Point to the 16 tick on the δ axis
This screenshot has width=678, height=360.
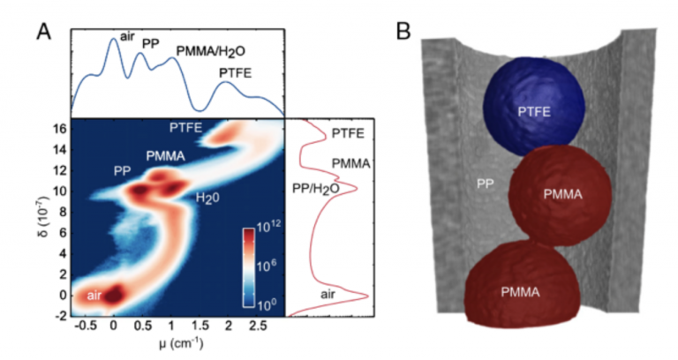pyautogui.click(x=57, y=127)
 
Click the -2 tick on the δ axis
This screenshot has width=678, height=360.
pyautogui.click(x=57, y=314)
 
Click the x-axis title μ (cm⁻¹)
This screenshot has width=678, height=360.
pyautogui.click(x=174, y=345)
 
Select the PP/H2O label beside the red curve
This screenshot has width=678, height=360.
pyautogui.click(x=314, y=188)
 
